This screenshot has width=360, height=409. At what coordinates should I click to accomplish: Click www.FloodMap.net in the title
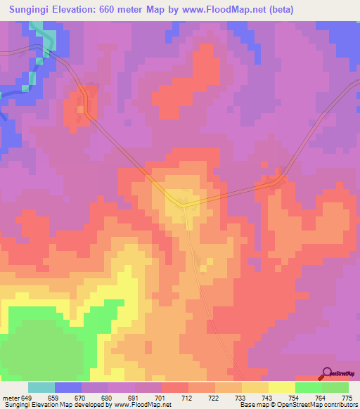click(219, 10)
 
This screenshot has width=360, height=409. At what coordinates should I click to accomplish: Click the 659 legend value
click(53, 398)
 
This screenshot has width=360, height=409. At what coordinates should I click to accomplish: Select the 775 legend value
click(347, 398)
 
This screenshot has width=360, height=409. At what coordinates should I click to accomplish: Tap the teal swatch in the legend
click(41, 388)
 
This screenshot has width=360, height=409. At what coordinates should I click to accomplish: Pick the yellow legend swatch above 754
click(282, 388)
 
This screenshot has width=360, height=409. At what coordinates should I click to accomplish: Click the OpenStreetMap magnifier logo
click(326, 373)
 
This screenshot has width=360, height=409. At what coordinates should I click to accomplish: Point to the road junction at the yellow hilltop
click(184, 205)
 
